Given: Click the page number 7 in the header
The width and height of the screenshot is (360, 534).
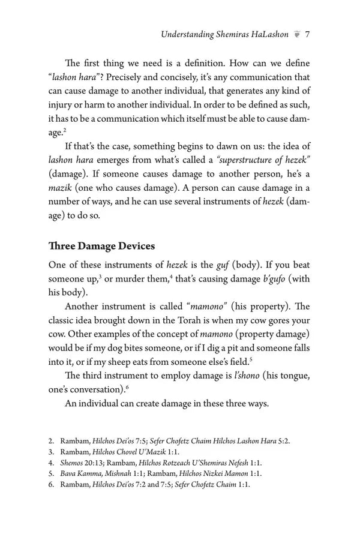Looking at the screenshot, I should click(307, 35).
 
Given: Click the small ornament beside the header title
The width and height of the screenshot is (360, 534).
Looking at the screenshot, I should click(296, 35).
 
